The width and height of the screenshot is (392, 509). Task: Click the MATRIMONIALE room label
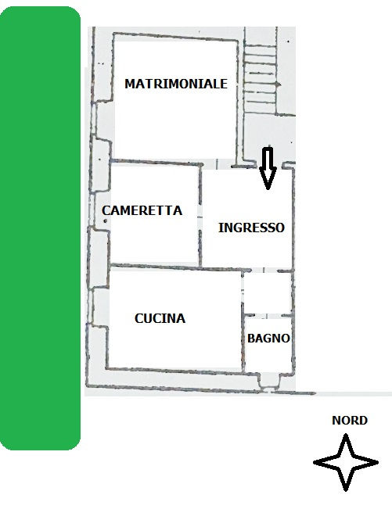pos(176,84)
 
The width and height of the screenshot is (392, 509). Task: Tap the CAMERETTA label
pos(142,210)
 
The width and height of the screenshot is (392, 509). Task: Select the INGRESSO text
pos(251,228)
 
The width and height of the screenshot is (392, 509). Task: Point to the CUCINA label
pos(160,318)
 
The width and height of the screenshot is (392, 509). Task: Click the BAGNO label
pos(268,339)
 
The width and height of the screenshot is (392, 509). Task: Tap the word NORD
pos(350,421)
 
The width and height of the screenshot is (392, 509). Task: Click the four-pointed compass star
pos(346,462)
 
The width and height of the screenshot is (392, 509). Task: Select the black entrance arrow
pos(268,168)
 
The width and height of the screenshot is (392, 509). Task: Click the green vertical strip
pos(40,228)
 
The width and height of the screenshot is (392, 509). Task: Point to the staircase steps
pos(261,80)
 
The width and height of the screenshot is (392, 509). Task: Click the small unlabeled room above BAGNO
pos(268,292)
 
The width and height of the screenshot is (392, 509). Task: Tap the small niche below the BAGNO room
pos(268,381)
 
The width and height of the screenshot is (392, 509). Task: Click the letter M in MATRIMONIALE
pos(130,84)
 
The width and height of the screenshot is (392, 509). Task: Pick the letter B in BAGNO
pos(250,339)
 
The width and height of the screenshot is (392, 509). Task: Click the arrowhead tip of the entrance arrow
pos(268,189)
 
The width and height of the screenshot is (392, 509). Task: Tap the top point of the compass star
pos(346,435)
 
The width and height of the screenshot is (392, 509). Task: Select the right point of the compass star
pos(378,462)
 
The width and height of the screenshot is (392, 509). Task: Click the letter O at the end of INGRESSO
pos(280,228)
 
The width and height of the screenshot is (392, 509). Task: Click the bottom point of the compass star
pos(346,490)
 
